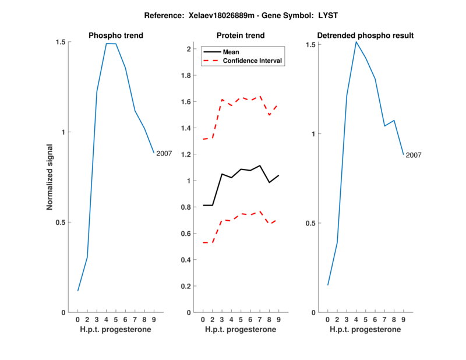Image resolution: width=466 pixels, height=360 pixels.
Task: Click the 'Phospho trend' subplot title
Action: [x=115, y=36]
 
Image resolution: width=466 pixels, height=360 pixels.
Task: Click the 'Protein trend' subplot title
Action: [x=241, y=36]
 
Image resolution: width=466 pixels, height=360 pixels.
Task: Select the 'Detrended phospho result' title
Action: [x=365, y=36]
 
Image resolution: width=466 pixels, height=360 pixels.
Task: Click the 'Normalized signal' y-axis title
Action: [x=50, y=177]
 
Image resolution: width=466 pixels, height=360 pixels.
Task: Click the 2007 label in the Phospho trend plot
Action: [x=164, y=153]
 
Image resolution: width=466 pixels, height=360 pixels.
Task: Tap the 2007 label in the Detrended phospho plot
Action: [x=414, y=155]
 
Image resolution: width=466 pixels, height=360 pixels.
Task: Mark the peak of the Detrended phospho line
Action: [x=356, y=42]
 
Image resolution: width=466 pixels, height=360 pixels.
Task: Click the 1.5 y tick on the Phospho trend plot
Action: [x=59, y=43]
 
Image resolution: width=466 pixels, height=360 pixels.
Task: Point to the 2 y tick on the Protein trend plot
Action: [x=189, y=49]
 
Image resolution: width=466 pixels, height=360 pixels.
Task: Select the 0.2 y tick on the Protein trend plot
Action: [x=185, y=286]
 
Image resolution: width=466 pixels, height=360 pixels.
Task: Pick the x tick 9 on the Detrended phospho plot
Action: [x=403, y=320]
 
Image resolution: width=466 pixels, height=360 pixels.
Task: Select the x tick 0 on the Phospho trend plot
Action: [x=77, y=320]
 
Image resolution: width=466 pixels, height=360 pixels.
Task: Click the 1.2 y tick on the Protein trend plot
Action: [x=185, y=154]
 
